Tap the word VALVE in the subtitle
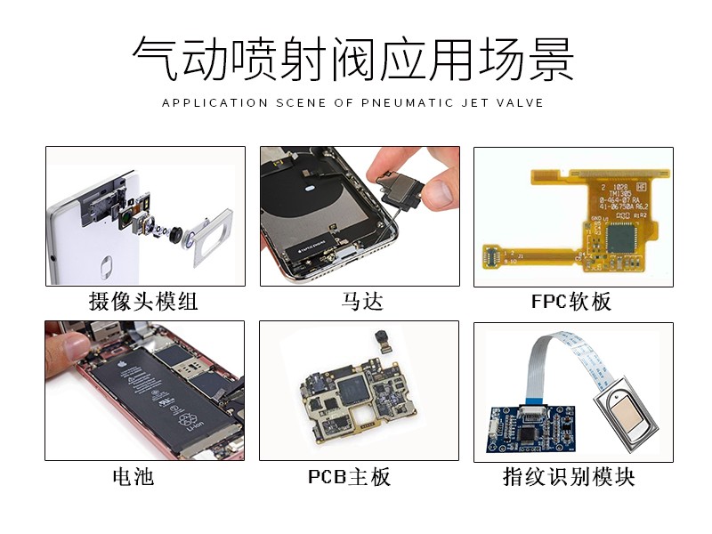point(522,102)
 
